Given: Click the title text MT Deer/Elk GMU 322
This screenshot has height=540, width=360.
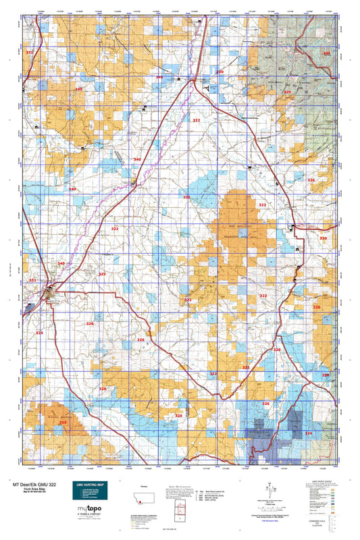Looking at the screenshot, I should point(37,485).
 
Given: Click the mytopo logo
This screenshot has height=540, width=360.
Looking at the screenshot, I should point(88,508).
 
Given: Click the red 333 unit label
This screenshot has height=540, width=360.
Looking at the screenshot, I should point(327,53).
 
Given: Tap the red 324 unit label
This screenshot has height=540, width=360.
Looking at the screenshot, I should point(309,433).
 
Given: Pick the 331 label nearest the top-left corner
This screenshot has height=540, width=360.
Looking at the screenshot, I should point(29,52).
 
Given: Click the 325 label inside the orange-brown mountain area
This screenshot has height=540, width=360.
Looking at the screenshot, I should point(62,423).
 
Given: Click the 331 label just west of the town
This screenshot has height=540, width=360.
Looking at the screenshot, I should point(32,280).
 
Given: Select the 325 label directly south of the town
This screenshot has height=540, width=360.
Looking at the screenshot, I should point(39,333).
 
